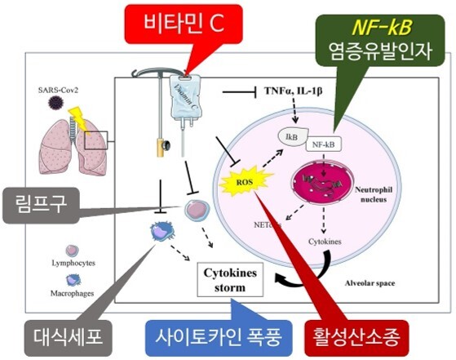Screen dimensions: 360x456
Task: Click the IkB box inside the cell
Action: [x=292, y=135]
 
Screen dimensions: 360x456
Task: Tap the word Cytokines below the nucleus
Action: [x=328, y=242]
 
